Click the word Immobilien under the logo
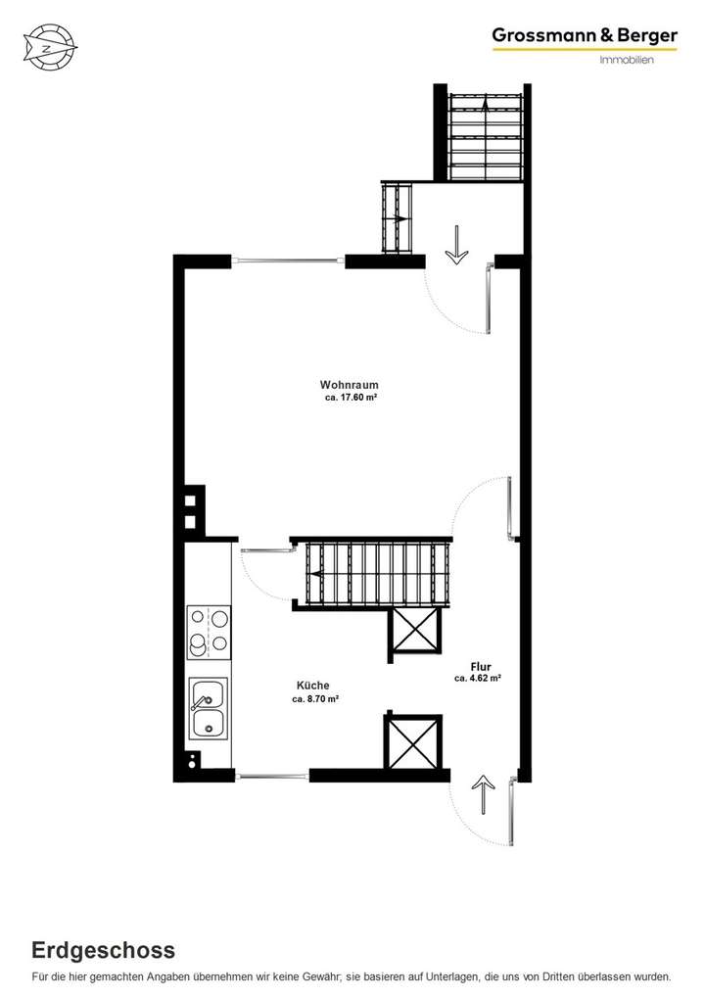(626, 61)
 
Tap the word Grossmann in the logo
(541, 36)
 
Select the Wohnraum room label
(349, 385)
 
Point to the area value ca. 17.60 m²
(351, 399)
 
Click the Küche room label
(313, 686)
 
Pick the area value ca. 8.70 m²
(315, 699)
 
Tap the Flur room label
(480, 666)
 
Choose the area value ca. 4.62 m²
(478, 678)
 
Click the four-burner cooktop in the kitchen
(209, 632)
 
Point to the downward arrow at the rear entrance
(455, 246)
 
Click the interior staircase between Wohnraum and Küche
(372, 574)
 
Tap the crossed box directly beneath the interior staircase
(414, 633)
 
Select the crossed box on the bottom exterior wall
(414, 741)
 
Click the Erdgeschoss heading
(103, 950)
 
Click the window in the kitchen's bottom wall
(271, 777)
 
